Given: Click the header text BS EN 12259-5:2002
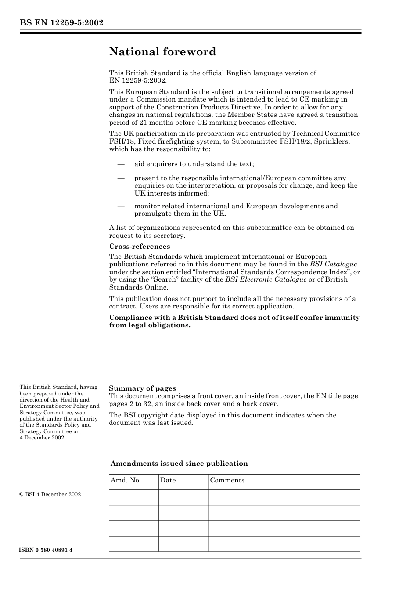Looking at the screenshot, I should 61,23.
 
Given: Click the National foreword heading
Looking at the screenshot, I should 162,52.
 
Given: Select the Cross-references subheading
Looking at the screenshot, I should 140,247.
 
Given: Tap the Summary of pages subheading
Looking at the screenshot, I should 142,388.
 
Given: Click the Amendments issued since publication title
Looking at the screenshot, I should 179,464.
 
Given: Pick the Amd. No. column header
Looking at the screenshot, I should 126,480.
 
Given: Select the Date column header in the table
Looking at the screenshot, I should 168,480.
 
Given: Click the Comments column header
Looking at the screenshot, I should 227,480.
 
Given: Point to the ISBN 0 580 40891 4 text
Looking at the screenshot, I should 46,550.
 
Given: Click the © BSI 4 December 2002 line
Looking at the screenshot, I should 50,494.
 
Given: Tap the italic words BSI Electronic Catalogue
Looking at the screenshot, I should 266,279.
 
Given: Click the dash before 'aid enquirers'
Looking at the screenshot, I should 121,164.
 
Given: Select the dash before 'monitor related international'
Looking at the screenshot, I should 121,206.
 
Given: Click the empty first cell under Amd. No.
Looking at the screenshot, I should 133,497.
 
